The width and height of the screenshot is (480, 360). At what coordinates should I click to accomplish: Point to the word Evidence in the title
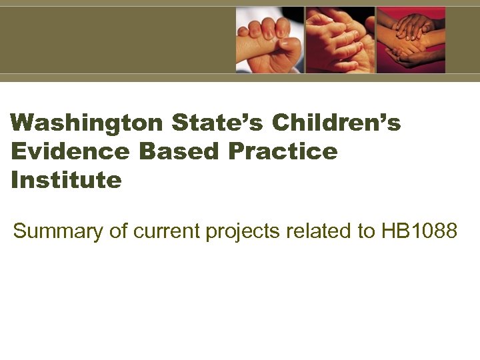(70, 152)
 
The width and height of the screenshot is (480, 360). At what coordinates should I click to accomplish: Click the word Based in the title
(179, 152)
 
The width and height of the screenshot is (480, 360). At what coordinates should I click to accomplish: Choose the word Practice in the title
(283, 152)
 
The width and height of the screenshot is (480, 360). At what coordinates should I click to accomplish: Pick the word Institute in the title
(67, 180)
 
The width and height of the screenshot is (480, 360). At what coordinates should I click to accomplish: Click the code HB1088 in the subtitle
(419, 231)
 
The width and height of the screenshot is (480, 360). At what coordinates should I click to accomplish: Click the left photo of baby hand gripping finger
(269, 40)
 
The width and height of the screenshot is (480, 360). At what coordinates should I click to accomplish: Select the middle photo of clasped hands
(340, 40)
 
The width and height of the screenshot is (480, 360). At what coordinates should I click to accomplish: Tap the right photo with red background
(411, 40)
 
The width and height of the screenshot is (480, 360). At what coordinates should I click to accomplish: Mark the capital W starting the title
(22, 123)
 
